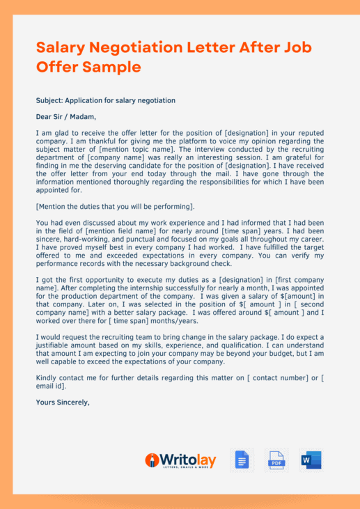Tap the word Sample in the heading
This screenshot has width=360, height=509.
tap(111, 67)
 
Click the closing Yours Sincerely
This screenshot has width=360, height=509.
tap(63, 402)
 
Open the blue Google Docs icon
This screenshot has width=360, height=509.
tap(242, 460)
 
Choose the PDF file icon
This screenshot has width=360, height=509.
tap(276, 460)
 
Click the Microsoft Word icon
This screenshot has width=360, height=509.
tap(311, 460)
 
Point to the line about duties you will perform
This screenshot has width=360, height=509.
tap(115, 207)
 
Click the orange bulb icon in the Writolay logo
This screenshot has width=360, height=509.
tap(151, 461)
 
